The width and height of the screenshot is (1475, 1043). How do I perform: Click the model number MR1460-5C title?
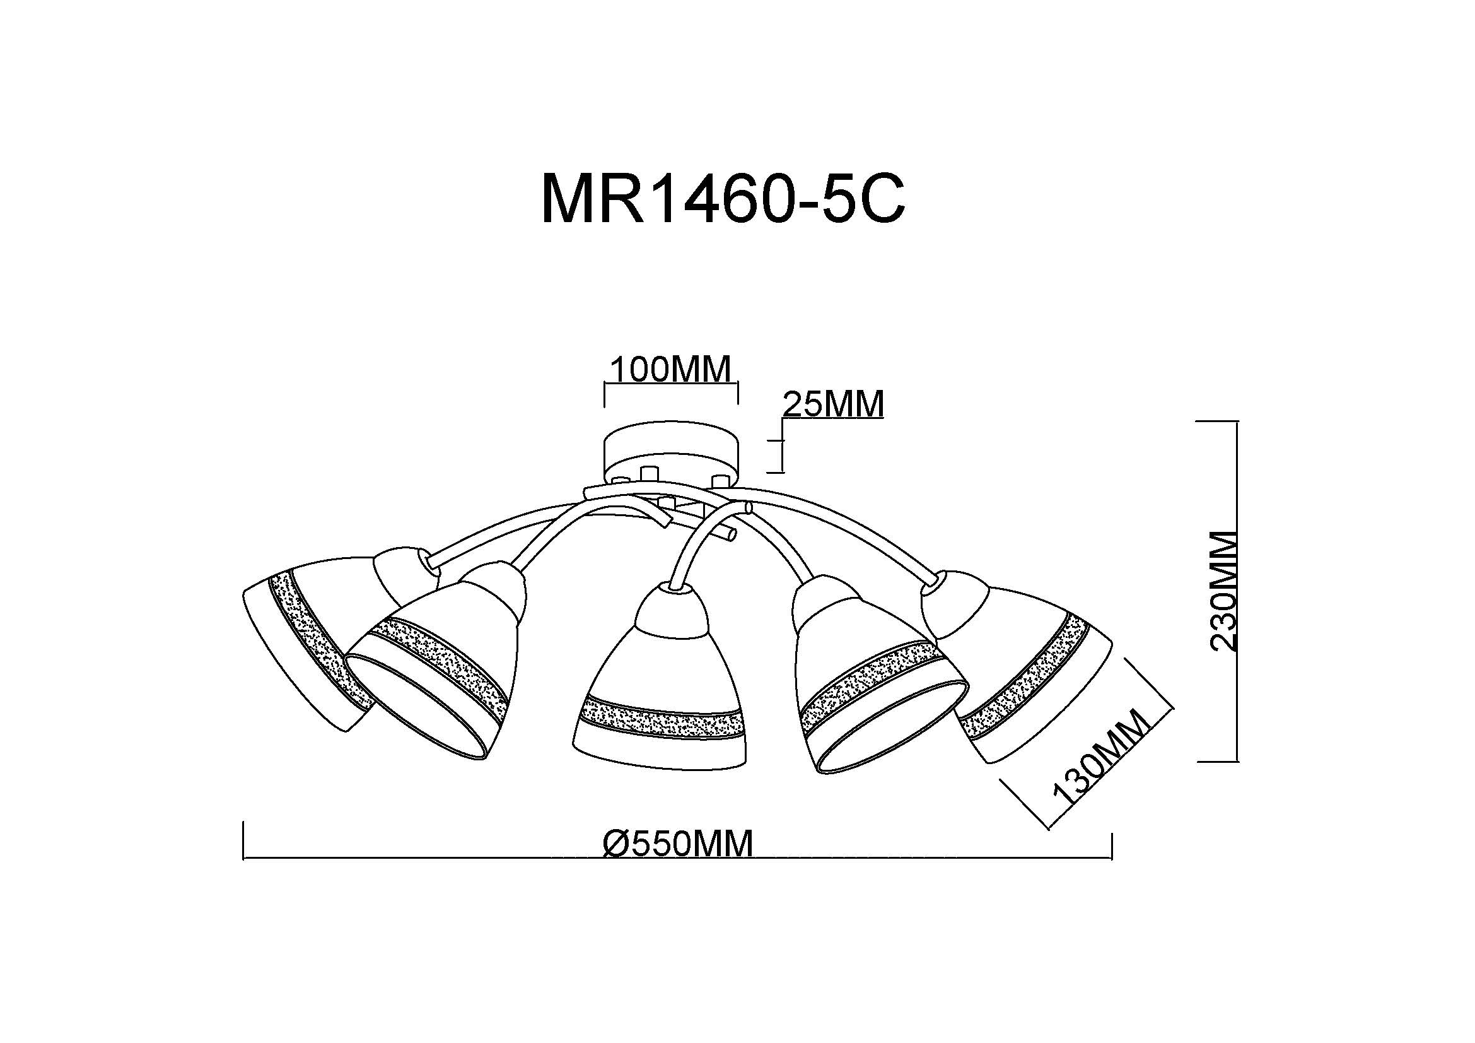click(723, 199)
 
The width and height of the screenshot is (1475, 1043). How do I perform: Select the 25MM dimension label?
click(833, 404)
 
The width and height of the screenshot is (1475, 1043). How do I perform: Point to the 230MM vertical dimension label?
click(1224, 591)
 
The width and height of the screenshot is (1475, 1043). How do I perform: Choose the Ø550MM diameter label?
click(678, 843)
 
